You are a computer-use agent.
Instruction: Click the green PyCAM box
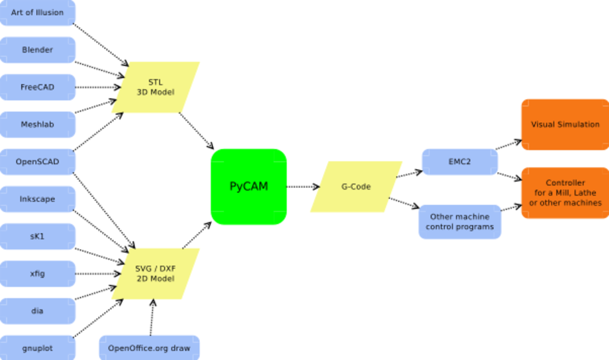click(249, 187)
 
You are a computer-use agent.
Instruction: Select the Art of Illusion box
click(37, 13)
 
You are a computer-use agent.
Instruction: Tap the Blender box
click(37, 50)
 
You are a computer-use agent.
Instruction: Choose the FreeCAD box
click(37, 87)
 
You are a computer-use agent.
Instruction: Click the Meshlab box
click(37, 124)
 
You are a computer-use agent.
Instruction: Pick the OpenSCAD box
click(37, 162)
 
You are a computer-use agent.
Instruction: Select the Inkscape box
click(37, 199)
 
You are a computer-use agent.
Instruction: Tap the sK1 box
click(37, 236)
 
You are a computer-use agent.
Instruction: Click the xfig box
click(37, 273)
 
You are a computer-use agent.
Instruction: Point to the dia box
click(37, 311)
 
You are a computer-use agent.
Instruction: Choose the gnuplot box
click(37, 348)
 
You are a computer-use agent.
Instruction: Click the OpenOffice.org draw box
click(149, 348)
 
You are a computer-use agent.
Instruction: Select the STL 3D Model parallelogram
click(156, 87)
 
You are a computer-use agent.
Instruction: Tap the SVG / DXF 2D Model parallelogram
click(156, 274)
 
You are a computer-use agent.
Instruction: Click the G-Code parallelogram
click(356, 187)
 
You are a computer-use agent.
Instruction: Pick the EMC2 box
click(460, 162)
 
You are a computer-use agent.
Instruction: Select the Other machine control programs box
click(460, 222)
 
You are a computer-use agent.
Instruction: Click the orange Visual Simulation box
click(565, 124)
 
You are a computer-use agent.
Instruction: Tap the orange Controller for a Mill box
click(565, 193)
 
